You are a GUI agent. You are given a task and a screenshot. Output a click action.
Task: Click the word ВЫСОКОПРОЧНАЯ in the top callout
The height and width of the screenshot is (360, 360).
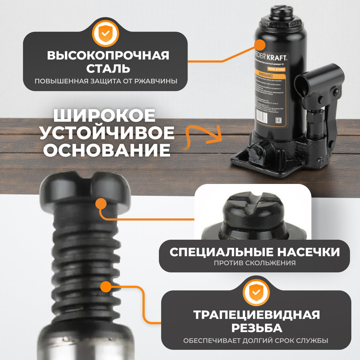[108, 56]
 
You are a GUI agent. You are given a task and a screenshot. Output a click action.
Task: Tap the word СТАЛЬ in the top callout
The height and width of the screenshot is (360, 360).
[108, 68]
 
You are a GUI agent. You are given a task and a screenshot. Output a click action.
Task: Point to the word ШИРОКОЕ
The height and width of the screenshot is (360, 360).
[104, 116]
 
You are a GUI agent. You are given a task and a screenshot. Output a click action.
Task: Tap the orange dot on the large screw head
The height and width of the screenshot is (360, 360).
[101, 204]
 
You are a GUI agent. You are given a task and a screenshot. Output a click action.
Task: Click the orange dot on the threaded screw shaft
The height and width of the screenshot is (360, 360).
[105, 287]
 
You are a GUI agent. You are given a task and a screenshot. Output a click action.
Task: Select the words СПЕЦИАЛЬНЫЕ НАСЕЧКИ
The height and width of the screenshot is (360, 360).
[254, 252]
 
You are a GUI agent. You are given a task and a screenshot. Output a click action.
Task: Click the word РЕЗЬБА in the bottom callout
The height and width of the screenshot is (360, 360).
[256, 328]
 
